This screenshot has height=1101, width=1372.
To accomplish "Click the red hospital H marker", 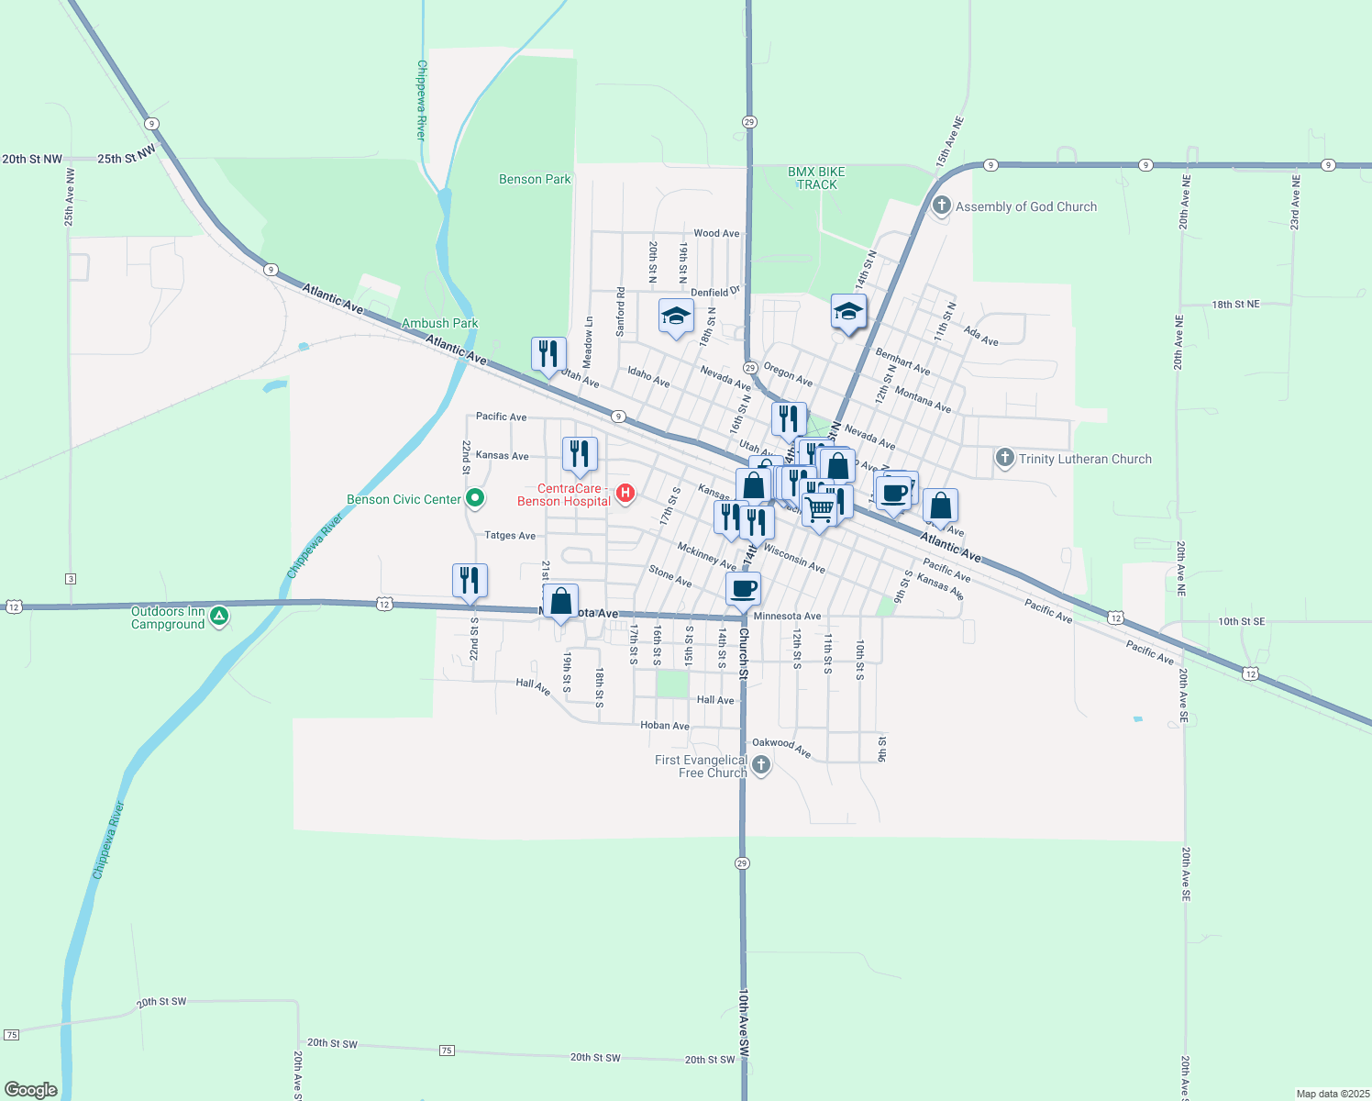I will click(625, 494).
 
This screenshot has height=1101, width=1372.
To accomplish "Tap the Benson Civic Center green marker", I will click(475, 498).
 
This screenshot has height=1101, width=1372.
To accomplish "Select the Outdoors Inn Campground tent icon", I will click(218, 617).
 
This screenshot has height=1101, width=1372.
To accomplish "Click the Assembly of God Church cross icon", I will click(941, 206).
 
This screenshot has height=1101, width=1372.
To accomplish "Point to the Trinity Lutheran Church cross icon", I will click(1004, 458).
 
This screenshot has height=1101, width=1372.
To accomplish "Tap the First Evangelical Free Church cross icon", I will click(760, 764).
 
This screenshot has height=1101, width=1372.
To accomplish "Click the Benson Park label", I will click(535, 179).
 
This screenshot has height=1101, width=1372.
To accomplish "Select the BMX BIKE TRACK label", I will click(816, 178).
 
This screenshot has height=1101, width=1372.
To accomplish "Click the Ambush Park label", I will click(440, 323).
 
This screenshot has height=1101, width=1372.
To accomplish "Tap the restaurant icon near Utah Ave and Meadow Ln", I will click(548, 354).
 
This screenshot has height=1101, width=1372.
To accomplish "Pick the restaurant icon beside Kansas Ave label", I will click(580, 454).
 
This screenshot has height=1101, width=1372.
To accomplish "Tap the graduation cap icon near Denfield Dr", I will click(676, 317).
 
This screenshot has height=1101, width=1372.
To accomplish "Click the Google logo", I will click(31, 1089).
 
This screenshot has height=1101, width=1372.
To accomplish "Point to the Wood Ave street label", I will click(716, 233).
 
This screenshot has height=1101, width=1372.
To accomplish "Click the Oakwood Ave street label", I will click(781, 748).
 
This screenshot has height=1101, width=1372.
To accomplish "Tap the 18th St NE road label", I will click(1235, 304).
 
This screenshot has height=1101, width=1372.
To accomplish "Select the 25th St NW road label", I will click(126, 157).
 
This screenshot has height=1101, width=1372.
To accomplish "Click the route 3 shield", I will click(71, 579).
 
